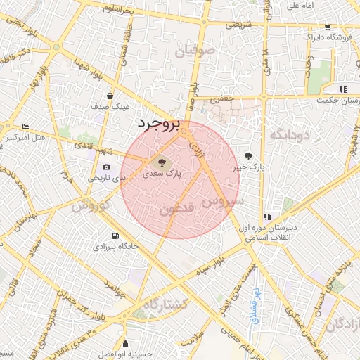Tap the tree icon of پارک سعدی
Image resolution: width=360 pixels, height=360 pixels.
(154, 162)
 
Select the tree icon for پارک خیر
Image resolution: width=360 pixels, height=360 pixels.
(248, 156)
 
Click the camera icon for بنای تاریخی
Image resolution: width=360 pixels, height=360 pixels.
(105, 167)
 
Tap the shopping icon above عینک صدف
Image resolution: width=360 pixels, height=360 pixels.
(110, 96)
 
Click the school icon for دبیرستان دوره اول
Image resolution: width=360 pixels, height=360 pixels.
(267, 217)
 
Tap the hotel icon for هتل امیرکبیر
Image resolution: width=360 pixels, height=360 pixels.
(26, 127)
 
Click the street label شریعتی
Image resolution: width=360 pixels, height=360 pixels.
(238, 23)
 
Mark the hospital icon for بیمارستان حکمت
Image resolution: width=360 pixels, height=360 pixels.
(343, 89)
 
